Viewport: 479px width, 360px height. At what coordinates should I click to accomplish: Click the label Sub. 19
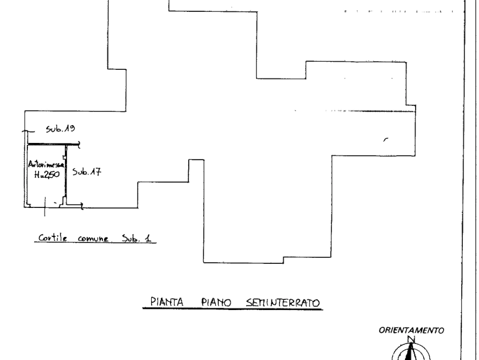click(x=62, y=129)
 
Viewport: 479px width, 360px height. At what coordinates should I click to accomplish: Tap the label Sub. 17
click(x=87, y=173)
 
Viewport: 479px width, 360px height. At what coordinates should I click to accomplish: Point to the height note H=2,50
click(x=47, y=175)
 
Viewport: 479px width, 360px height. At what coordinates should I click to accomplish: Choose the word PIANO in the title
click(x=216, y=303)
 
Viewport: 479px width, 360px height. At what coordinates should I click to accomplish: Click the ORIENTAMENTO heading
click(x=411, y=330)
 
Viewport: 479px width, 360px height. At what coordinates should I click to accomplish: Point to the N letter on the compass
click(x=411, y=339)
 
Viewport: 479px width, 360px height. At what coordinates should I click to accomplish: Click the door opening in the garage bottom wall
click(x=54, y=205)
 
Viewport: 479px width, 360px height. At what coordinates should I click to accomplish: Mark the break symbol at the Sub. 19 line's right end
click(x=80, y=144)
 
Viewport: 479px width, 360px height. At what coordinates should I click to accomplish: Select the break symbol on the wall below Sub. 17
click(x=82, y=204)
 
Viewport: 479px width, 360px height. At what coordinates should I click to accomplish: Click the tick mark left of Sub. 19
click(x=21, y=131)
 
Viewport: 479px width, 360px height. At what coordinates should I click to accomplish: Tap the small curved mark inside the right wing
click(x=384, y=139)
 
